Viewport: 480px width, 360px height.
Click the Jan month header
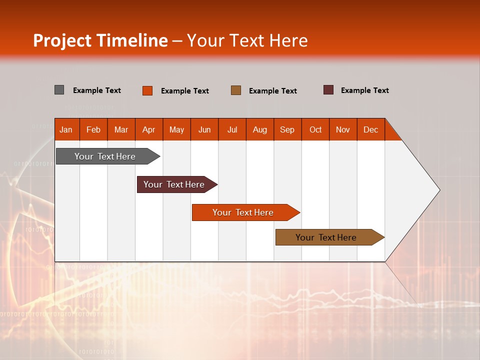click(66, 129)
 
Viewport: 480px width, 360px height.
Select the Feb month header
click(93, 129)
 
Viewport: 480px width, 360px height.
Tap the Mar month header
click(121, 129)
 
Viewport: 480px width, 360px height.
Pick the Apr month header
click(149, 129)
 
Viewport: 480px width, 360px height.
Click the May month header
click(176, 129)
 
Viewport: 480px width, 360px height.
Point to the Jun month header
click(204, 129)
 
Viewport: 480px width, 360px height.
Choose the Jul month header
click(232, 129)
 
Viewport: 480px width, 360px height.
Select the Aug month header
click(260, 129)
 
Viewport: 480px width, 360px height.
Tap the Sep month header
click(287, 129)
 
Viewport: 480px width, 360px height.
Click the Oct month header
click(315, 129)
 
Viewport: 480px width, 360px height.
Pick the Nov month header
click(343, 129)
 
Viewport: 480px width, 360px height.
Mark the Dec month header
click(370, 129)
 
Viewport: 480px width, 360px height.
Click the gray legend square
click(59, 90)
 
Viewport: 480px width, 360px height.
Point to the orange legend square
click(147, 90)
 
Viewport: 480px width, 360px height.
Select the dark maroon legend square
click(328, 90)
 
